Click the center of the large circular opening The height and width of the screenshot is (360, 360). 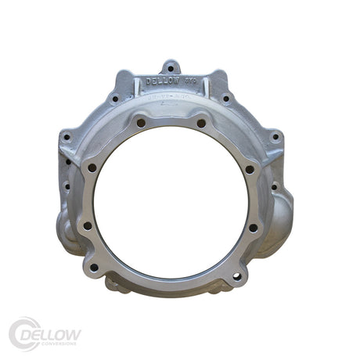click(171, 200)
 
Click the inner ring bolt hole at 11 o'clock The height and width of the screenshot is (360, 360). click(141, 123)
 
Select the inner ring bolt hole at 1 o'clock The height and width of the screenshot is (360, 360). click(201, 123)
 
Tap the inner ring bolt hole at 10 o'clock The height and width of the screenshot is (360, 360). click(92, 167)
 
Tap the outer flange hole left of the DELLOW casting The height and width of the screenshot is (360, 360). click(115, 99)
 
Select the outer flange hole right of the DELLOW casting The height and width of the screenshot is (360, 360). click(226, 99)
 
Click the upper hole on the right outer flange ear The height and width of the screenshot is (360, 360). click(274, 137)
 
